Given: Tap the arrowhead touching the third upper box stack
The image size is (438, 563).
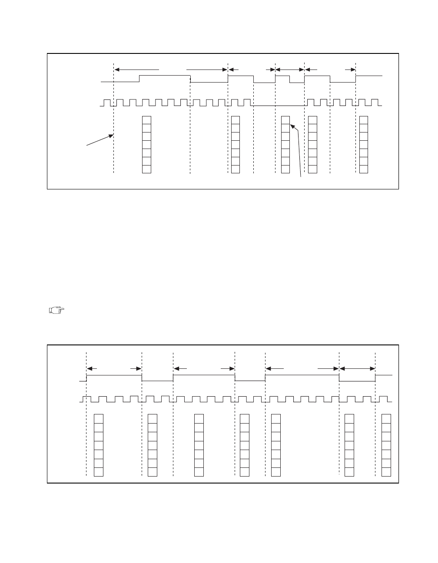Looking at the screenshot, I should coord(292,126).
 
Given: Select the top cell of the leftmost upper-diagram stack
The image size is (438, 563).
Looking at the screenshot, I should coord(146,120).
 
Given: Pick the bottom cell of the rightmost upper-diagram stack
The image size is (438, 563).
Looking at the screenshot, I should coord(364,169).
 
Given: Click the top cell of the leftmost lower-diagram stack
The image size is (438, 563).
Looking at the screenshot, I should coord(99,418).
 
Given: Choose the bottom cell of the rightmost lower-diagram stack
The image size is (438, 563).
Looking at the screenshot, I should coord(386,472).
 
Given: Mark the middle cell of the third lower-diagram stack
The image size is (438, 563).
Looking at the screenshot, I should coord(199,445).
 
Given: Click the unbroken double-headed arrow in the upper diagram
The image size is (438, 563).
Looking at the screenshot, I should coord(290,69).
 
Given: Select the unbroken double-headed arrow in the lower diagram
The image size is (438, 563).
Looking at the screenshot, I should coord(357,369).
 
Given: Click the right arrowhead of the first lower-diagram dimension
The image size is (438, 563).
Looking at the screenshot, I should coord(139,369).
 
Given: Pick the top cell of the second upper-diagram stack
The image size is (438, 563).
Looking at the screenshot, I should coord(236,120).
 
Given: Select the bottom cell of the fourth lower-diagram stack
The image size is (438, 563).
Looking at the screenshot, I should coord(245,472).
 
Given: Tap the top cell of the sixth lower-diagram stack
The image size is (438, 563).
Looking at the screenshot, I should coord(349,418).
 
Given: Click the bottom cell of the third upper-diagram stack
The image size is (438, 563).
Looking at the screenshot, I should coord(285,169).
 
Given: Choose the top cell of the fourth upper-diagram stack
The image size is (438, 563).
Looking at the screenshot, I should coord(312,120).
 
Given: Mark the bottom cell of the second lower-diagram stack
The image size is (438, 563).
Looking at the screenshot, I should coord(153,472).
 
